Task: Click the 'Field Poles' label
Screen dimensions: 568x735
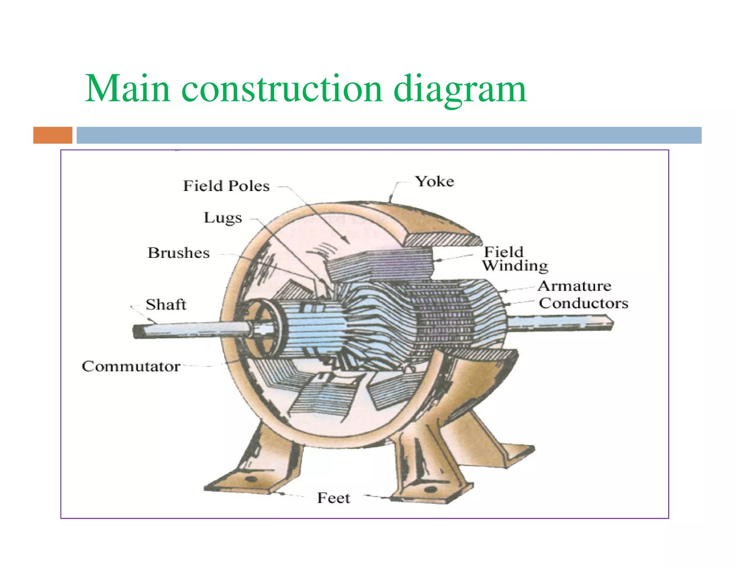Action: [x=226, y=186]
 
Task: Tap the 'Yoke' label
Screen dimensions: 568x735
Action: [x=435, y=181]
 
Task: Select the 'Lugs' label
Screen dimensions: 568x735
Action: [x=223, y=218]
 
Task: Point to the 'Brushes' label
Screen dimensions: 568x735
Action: [x=179, y=253]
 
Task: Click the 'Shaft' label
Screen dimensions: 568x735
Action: [x=166, y=304]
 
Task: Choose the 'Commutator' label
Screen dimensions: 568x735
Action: [x=131, y=366]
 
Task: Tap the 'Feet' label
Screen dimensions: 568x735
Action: [x=333, y=498]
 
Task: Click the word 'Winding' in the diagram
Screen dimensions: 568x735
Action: [x=515, y=266]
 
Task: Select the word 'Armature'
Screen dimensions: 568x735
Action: [x=574, y=286]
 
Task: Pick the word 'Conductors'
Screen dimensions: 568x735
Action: [x=584, y=303]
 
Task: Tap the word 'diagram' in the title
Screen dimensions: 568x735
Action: [x=460, y=89]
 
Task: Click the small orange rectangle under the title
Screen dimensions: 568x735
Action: [x=53, y=135]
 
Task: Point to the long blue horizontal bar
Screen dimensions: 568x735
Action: [x=389, y=135]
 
